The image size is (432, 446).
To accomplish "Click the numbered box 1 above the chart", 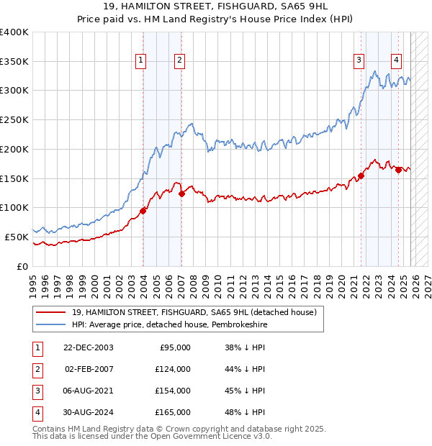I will click(140, 61).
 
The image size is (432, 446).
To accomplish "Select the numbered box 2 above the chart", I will click(179, 61).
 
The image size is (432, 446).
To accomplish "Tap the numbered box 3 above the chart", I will click(359, 61).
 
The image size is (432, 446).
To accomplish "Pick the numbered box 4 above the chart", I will click(397, 61).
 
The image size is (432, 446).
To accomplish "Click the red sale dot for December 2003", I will click(143, 210).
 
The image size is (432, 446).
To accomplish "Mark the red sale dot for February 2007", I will click(181, 194).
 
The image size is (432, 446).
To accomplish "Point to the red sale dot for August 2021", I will click(361, 176).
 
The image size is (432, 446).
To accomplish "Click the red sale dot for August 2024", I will click(399, 170).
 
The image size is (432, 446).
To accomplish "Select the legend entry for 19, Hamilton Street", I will click(194, 313).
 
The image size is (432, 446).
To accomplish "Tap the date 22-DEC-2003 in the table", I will click(88, 347).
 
